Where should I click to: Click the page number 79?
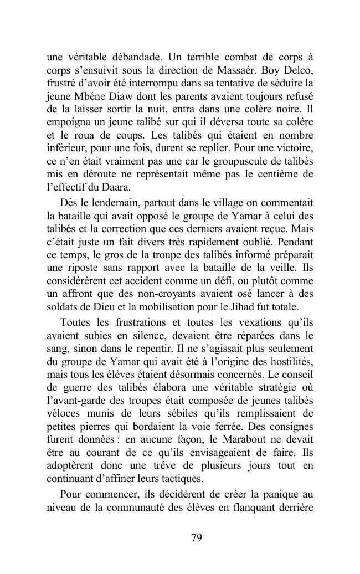(x=196, y=537)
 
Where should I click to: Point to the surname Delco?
(x=297, y=71)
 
